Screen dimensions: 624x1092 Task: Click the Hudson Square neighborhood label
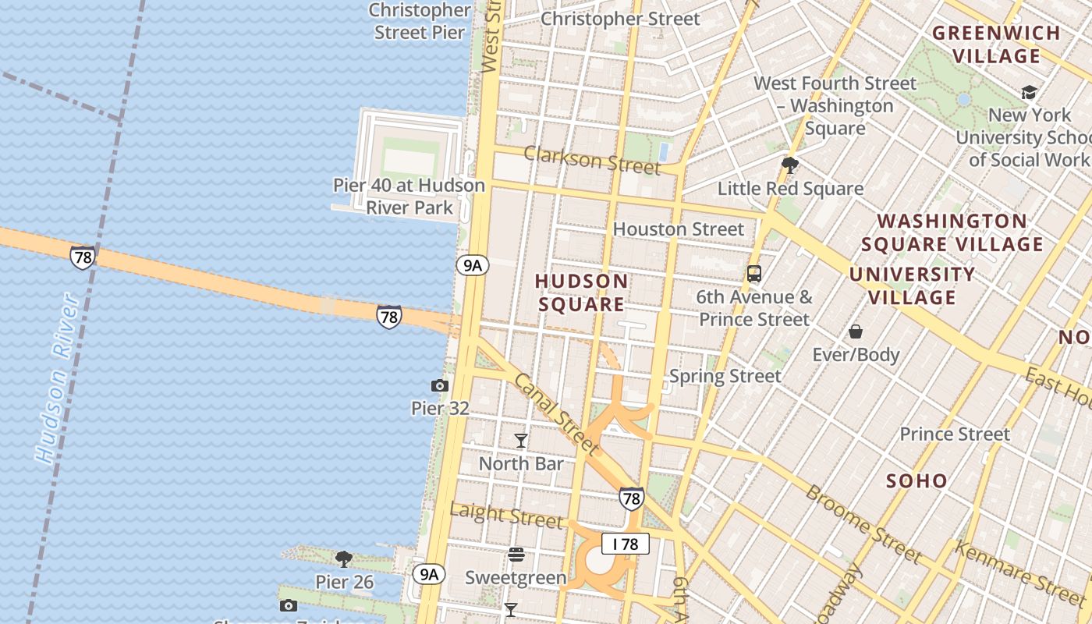[581, 292]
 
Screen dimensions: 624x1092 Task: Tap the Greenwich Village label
[996, 44]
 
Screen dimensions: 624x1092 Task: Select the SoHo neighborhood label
[916, 480]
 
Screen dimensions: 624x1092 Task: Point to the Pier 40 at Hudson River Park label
[409, 197]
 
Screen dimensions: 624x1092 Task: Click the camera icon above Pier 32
[440, 385]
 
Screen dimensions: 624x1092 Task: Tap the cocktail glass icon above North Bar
[521, 441]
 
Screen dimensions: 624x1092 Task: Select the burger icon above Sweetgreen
[516, 555]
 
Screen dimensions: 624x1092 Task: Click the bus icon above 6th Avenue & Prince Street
[753, 274]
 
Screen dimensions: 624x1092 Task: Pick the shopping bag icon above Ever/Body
[856, 331]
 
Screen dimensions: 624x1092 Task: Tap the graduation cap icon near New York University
[1029, 93]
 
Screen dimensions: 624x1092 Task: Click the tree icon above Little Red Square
[789, 165]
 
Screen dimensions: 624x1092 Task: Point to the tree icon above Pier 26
[343, 558]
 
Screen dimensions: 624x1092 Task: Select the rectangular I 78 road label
[625, 544]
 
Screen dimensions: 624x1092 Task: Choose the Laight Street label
[505, 516]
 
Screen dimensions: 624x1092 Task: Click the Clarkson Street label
[592, 160]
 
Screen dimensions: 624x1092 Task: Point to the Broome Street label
[863, 523]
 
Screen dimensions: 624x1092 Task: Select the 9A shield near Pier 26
[429, 575]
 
